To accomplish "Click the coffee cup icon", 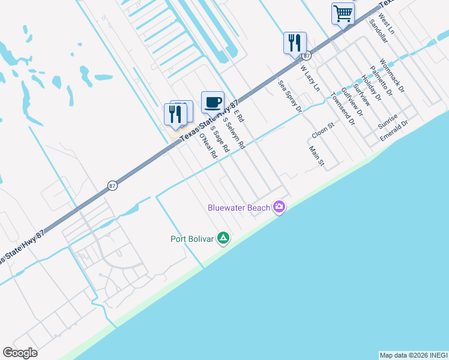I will pos(212,102).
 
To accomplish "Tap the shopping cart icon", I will pos(343,13).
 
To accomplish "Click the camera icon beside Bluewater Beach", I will pos(279,208).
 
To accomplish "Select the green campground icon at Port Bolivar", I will pos(223,239).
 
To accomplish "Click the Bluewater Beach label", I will pos(239,208).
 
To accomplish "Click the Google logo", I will pos(20,353).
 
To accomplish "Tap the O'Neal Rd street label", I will pos(208,146).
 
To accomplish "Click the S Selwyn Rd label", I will pos(234,133).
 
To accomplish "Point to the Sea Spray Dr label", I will pos(289,97).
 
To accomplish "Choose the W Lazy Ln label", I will pos(310,79).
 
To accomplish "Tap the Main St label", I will pos(316,156).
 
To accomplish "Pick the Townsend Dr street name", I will pos(343,110).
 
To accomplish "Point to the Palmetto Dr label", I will pos(381,81).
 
